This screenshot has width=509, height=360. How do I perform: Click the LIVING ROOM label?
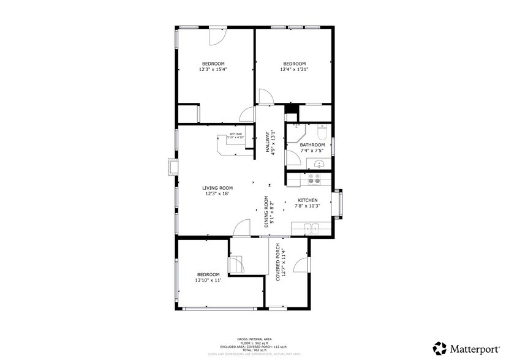click(217, 188)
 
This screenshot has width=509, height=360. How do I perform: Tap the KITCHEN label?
click(307, 200)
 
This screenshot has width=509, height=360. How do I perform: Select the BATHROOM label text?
click(316, 145)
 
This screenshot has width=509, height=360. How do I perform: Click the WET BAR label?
click(235, 134)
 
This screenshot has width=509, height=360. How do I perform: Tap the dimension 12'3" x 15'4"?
click(213, 69)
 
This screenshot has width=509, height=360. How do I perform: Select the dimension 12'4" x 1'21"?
click(294, 69)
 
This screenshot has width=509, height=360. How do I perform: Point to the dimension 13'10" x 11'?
click(208, 280)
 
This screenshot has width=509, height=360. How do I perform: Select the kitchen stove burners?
click(314, 178)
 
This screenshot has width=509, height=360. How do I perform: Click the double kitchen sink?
click(312, 229)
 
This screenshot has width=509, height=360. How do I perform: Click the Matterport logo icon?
click(439, 348)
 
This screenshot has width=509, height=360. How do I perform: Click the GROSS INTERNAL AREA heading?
click(255, 339)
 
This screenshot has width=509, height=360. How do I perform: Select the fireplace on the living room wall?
click(171, 167)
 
